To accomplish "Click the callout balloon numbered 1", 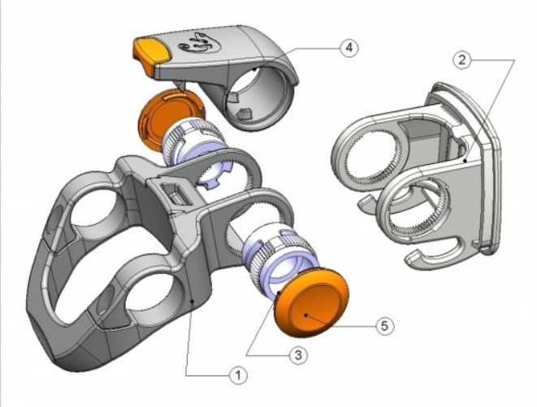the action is [238, 375].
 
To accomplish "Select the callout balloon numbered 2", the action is [462, 60].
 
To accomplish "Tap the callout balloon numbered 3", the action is [298, 355].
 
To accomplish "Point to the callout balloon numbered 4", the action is [349, 48].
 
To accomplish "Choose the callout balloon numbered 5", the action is [385, 326].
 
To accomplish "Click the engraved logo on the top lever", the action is [199, 45].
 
